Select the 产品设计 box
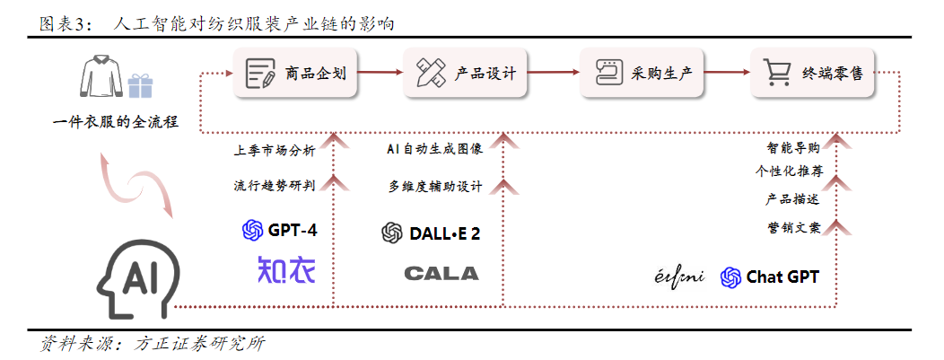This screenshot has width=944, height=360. [466, 74]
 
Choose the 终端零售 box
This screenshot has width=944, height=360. [809, 74]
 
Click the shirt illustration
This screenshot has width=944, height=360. [101, 77]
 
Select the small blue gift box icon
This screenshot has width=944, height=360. [140, 84]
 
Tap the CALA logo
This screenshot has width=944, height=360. [441, 273]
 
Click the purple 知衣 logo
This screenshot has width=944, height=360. [286, 270]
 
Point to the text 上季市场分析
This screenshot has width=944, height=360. [274, 150]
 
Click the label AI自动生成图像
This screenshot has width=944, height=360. [434, 150]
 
